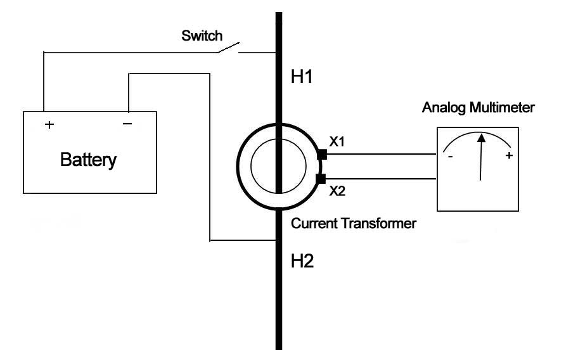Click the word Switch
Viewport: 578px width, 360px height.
pos(202,35)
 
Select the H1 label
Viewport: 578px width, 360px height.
pos(302,78)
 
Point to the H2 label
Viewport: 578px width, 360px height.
pos(302,260)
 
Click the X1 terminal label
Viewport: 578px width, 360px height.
pos(337,141)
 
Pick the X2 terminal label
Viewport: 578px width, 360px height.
pos(337,191)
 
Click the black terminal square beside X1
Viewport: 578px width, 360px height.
pos(321,154)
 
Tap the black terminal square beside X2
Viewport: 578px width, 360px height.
pos(321,178)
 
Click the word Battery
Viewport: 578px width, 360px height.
pos(88,159)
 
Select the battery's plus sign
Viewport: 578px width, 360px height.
pos(49,124)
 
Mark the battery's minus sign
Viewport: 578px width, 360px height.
pos(127,124)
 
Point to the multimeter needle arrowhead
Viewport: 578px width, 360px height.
pos(482,137)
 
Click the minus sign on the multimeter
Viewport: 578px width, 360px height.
pos(450,156)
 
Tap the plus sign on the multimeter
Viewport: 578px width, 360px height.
pos(508,156)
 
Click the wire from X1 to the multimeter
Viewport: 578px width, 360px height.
pos(380,154)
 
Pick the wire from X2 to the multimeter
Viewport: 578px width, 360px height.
pos(380,178)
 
